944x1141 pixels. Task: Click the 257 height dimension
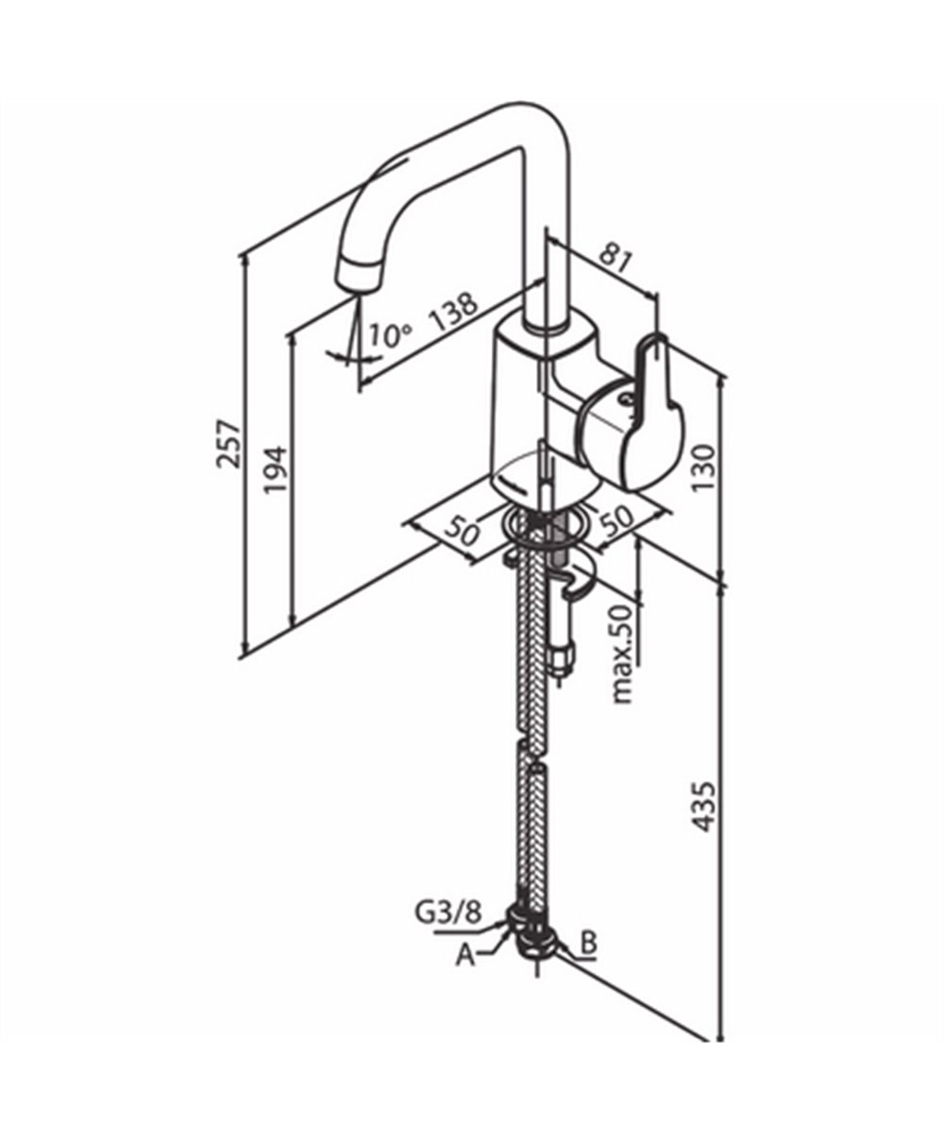coord(228,443)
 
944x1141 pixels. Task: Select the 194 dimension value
coord(276,469)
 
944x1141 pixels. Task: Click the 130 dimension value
coord(703,468)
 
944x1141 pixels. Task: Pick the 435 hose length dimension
coord(703,808)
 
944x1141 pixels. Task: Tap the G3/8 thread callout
coord(449,912)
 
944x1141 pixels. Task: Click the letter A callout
coord(465,956)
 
